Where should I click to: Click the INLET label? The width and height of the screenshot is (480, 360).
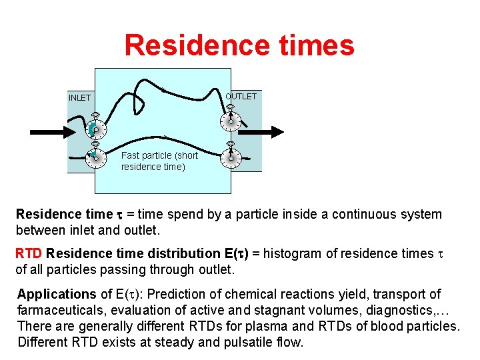[79, 98]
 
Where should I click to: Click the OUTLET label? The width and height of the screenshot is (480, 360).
[241, 97]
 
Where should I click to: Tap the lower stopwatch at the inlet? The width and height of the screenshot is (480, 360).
[95, 156]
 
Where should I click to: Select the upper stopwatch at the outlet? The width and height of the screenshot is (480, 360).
[230, 119]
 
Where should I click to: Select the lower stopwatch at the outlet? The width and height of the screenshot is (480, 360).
[230, 156]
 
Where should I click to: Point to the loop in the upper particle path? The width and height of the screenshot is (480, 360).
[141, 94]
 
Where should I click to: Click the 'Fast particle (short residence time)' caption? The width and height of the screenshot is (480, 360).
[159, 161]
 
